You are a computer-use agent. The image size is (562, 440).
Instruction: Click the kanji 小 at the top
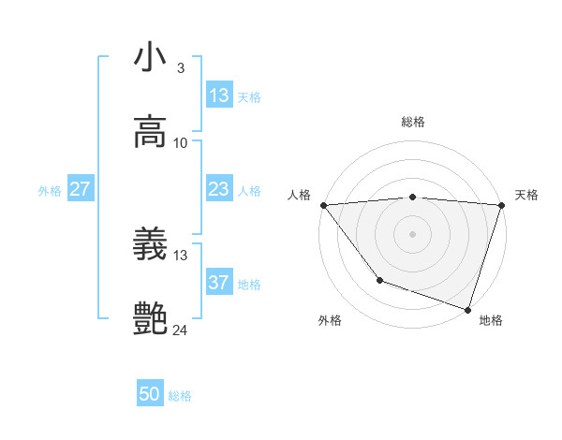click(x=150, y=57)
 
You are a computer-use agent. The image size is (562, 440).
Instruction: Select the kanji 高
click(x=150, y=132)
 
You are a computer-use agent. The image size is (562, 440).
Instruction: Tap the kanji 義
click(x=150, y=244)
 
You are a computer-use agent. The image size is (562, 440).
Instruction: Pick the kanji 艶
click(x=150, y=319)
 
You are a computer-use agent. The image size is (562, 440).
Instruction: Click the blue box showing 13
click(x=219, y=95)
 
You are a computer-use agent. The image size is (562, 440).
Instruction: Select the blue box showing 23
click(x=219, y=189)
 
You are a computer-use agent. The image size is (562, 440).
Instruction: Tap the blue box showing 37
click(x=219, y=283)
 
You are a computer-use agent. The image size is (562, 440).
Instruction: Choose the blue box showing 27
click(x=80, y=189)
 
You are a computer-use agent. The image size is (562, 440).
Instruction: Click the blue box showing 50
click(x=150, y=395)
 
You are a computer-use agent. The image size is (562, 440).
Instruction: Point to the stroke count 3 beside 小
click(x=180, y=67)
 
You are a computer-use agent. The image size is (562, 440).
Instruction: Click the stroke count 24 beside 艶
click(x=182, y=330)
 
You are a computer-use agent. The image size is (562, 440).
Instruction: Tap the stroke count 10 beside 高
click(x=181, y=142)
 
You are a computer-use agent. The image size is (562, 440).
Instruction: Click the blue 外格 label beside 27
click(x=50, y=190)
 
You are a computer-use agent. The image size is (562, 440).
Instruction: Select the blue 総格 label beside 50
click(x=180, y=396)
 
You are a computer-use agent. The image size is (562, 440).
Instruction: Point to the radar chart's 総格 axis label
click(x=413, y=122)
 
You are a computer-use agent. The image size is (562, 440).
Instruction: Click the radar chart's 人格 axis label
click(x=300, y=195)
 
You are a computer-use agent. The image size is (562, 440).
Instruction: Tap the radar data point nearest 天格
click(x=501, y=205)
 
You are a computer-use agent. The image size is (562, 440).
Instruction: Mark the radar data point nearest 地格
click(x=467, y=309)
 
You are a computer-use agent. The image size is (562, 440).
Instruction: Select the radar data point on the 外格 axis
click(x=379, y=279)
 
